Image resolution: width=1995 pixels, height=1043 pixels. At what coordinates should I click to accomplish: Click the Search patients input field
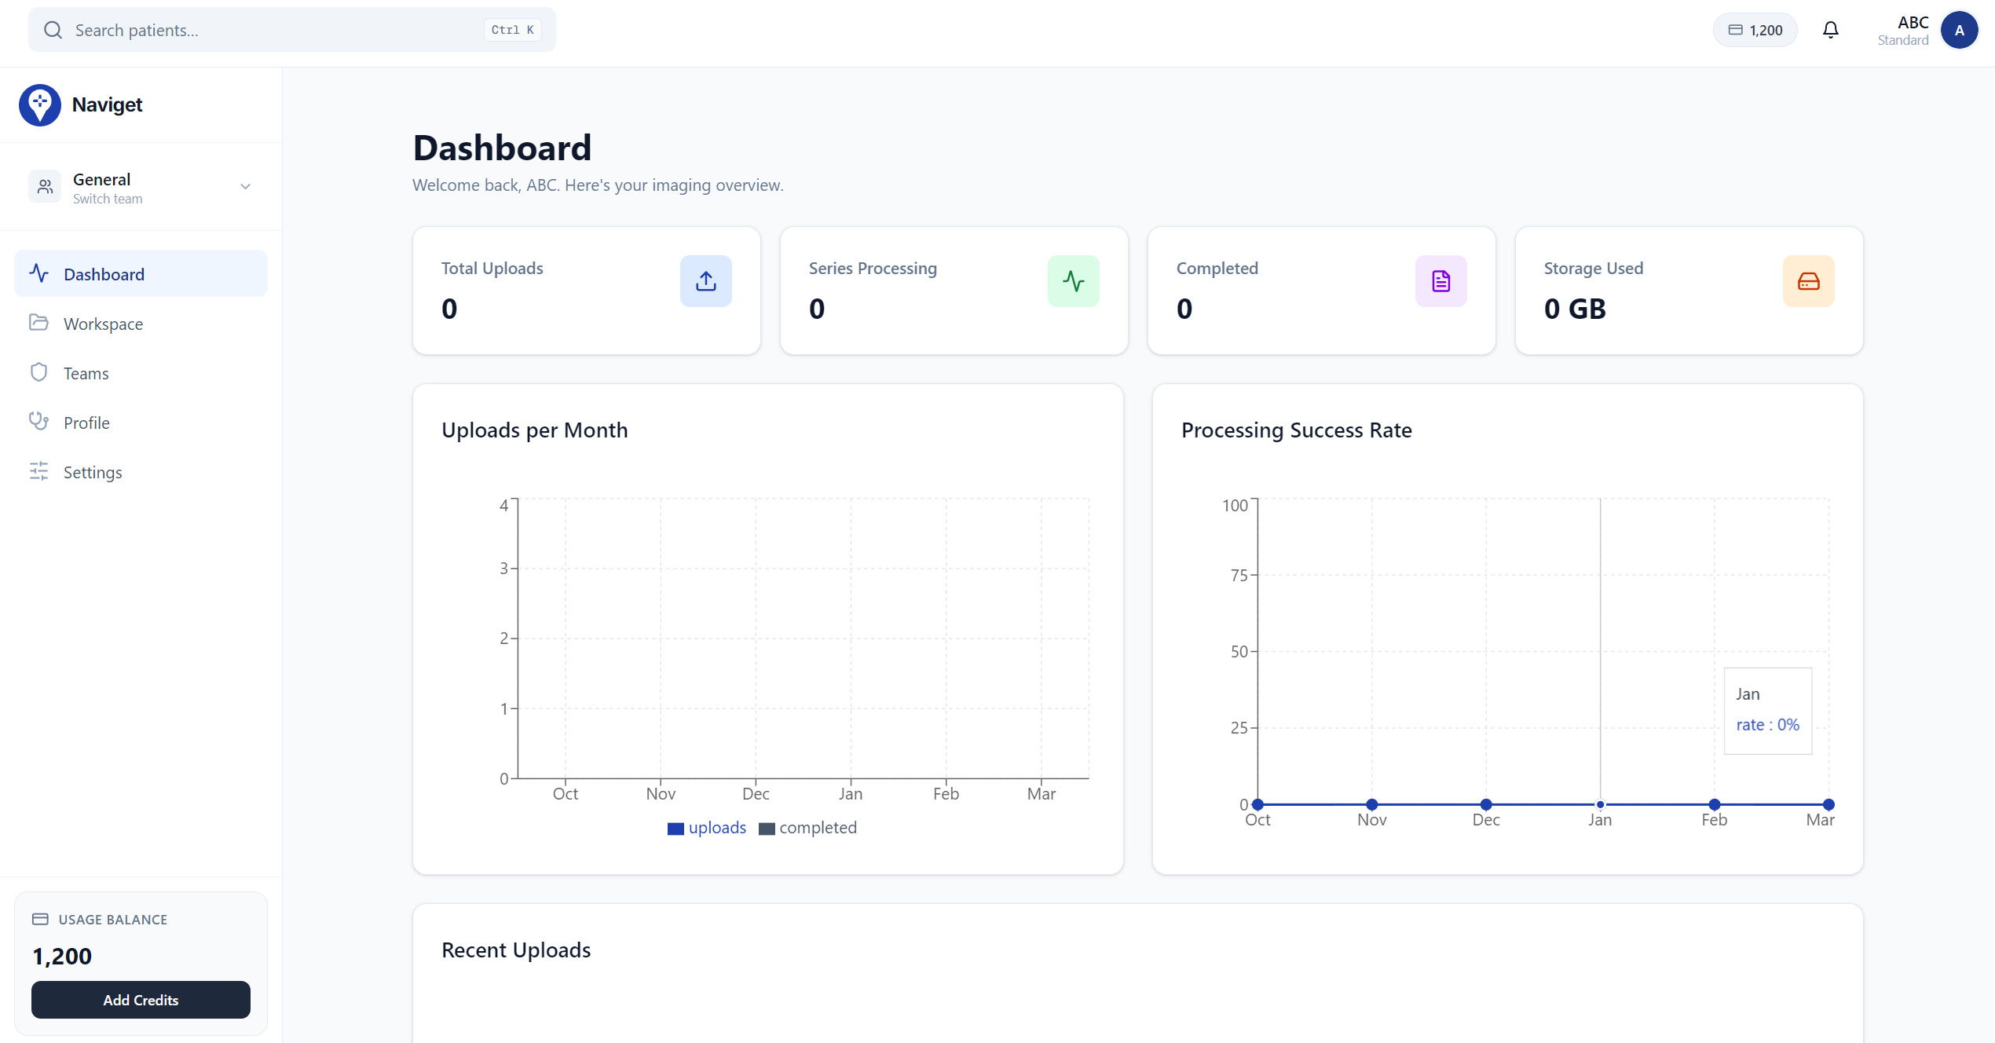coord(275,30)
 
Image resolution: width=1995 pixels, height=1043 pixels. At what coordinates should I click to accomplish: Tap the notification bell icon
coord(1830,30)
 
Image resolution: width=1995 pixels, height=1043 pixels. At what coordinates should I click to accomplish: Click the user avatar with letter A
coord(1959,30)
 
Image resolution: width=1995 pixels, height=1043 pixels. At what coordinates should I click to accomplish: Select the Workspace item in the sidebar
coord(103,324)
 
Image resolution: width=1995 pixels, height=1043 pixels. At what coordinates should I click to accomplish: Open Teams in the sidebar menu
coord(86,373)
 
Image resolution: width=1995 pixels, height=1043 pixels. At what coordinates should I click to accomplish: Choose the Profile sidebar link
coord(86,423)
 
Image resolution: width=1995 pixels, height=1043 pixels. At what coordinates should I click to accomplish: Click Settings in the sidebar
coord(93,472)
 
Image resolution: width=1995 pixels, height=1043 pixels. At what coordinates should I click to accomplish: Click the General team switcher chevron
coord(245,187)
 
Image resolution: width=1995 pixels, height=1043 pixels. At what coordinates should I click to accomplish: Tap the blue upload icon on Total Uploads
coord(705,281)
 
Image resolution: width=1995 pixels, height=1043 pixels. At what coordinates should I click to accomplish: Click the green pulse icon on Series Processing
coord(1073,281)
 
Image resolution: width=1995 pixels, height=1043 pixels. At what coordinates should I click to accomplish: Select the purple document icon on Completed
coord(1440,281)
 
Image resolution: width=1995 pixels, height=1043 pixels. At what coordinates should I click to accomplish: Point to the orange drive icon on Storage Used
coord(1808,281)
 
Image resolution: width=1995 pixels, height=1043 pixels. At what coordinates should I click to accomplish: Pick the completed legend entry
coord(808,828)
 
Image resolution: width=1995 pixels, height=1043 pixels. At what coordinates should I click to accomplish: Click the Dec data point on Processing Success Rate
coord(1486,804)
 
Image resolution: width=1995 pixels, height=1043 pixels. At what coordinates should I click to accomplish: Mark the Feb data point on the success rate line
coord(1715,804)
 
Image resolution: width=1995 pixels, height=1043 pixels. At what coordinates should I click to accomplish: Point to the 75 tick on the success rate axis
coord(1239,576)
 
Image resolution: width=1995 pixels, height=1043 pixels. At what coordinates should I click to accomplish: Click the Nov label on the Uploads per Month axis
coord(661,794)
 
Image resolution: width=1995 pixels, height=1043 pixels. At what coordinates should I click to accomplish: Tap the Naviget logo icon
coord(40,104)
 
